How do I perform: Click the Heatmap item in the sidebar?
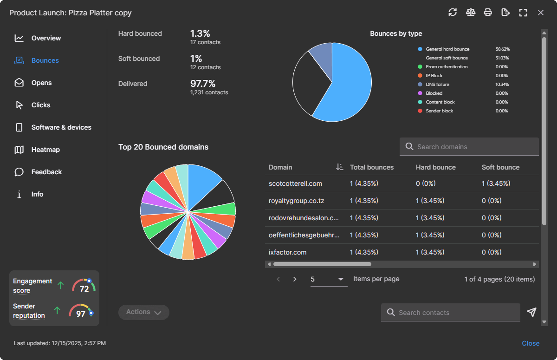pyautogui.click(x=45, y=150)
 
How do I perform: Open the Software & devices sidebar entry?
pyautogui.click(x=61, y=127)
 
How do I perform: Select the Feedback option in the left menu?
pyautogui.click(x=46, y=172)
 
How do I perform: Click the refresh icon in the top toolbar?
pyautogui.click(x=453, y=13)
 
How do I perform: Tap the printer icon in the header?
pyautogui.click(x=488, y=13)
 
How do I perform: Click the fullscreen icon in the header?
pyautogui.click(x=523, y=13)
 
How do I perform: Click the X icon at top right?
pyautogui.click(x=541, y=13)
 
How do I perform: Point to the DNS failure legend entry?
pyautogui.click(x=437, y=85)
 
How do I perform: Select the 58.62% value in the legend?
pyautogui.click(x=502, y=49)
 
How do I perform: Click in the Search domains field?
pyautogui.click(x=473, y=147)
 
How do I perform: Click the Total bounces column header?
pyautogui.click(x=371, y=167)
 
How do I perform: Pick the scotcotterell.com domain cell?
pyautogui.click(x=295, y=183)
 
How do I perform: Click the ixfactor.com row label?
pyautogui.click(x=288, y=252)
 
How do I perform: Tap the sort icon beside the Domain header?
pyautogui.click(x=339, y=167)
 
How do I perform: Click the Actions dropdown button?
pyautogui.click(x=143, y=312)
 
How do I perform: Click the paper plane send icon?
pyautogui.click(x=532, y=312)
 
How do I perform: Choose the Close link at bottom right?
pyautogui.click(x=531, y=343)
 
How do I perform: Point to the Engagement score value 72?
pyautogui.click(x=84, y=289)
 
